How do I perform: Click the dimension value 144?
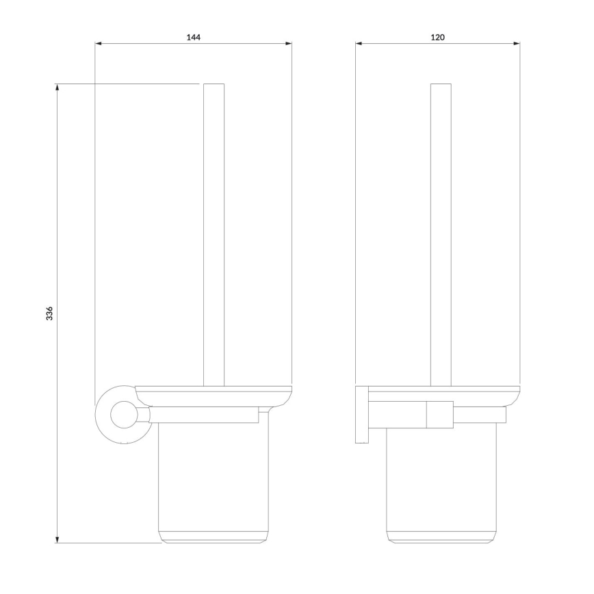194,37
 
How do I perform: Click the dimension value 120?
438,37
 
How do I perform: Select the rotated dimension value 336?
49,314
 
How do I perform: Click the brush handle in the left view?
214,233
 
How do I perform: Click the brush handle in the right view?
441,233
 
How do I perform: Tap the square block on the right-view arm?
440,415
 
